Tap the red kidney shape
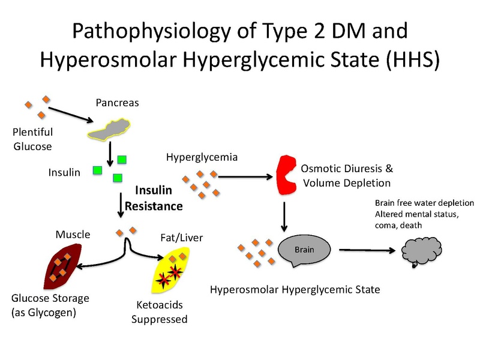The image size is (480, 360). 287,175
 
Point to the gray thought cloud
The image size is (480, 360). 421,251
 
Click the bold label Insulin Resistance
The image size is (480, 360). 153,199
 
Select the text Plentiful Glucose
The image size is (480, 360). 32,139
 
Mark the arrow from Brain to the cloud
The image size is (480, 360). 366,250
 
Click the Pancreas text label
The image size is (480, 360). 117,103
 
